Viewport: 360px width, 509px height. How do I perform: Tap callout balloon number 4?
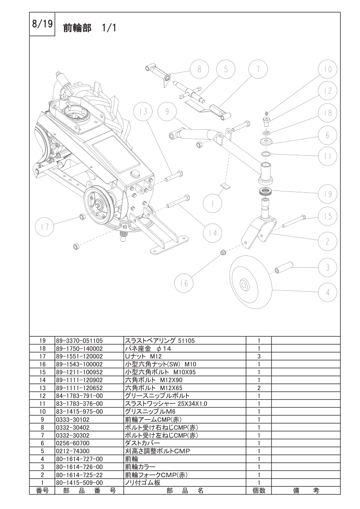pos(327,293)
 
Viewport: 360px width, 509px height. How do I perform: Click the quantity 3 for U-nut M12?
pos(258,357)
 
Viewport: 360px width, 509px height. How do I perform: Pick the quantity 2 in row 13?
pos(258,388)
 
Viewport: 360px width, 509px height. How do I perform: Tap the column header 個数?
pos(258,491)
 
